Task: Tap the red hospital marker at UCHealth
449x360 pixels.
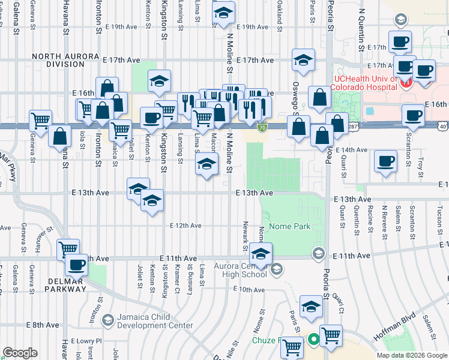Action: [405, 84]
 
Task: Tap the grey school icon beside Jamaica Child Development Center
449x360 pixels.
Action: [107, 319]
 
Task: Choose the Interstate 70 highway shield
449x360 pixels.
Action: [262, 127]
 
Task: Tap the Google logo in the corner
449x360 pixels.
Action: [20, 352]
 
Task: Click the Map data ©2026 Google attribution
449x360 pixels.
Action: [412, 355]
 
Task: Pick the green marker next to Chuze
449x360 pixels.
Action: [313, 340]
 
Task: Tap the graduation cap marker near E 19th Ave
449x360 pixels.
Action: [223, 13]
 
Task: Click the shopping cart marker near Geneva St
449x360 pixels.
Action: [40, 121]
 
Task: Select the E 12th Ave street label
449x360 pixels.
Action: [186, 226]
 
